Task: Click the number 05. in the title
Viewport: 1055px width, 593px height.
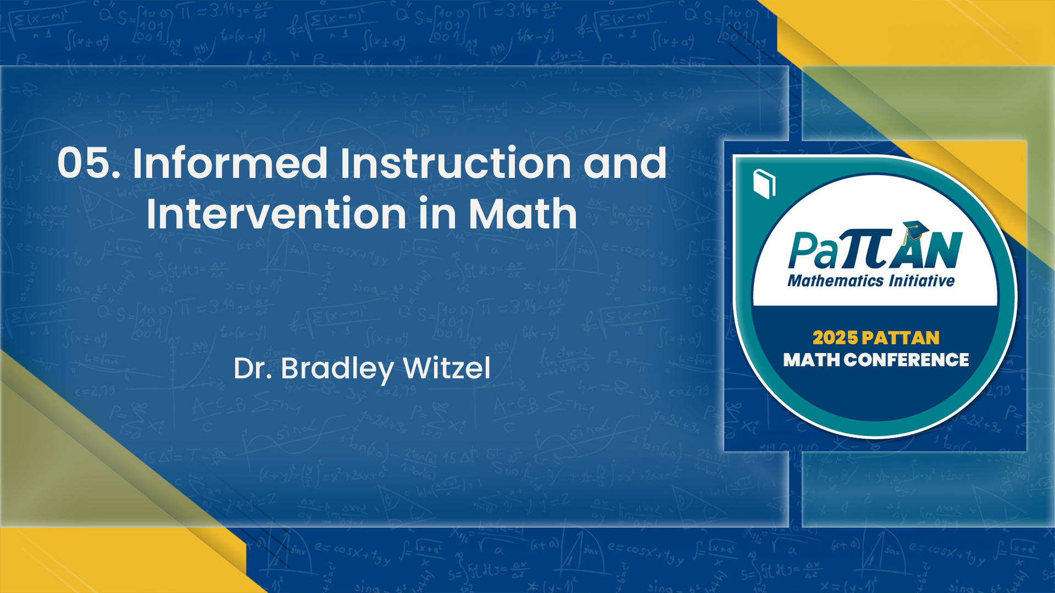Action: coord(88,163)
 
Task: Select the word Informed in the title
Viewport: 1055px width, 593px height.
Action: coord(230,163)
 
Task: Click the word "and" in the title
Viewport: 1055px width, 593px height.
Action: coord(625,163)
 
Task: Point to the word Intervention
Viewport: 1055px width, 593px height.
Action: coord(276,214)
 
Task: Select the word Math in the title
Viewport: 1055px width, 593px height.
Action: coord(523,214)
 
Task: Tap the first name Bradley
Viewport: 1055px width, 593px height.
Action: coord(337,368)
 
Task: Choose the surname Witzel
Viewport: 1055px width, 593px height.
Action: coord(447,368)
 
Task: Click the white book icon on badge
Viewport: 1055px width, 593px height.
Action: coord(764,184)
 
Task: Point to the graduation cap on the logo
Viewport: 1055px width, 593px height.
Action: coord(915,230)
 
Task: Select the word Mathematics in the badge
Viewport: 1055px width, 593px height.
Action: coord(835,281)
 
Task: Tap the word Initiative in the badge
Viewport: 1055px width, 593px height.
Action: coord(922,281)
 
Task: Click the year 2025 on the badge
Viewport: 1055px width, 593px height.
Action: coord(835,338)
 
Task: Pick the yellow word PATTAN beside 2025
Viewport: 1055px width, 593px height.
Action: coord(901,338)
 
